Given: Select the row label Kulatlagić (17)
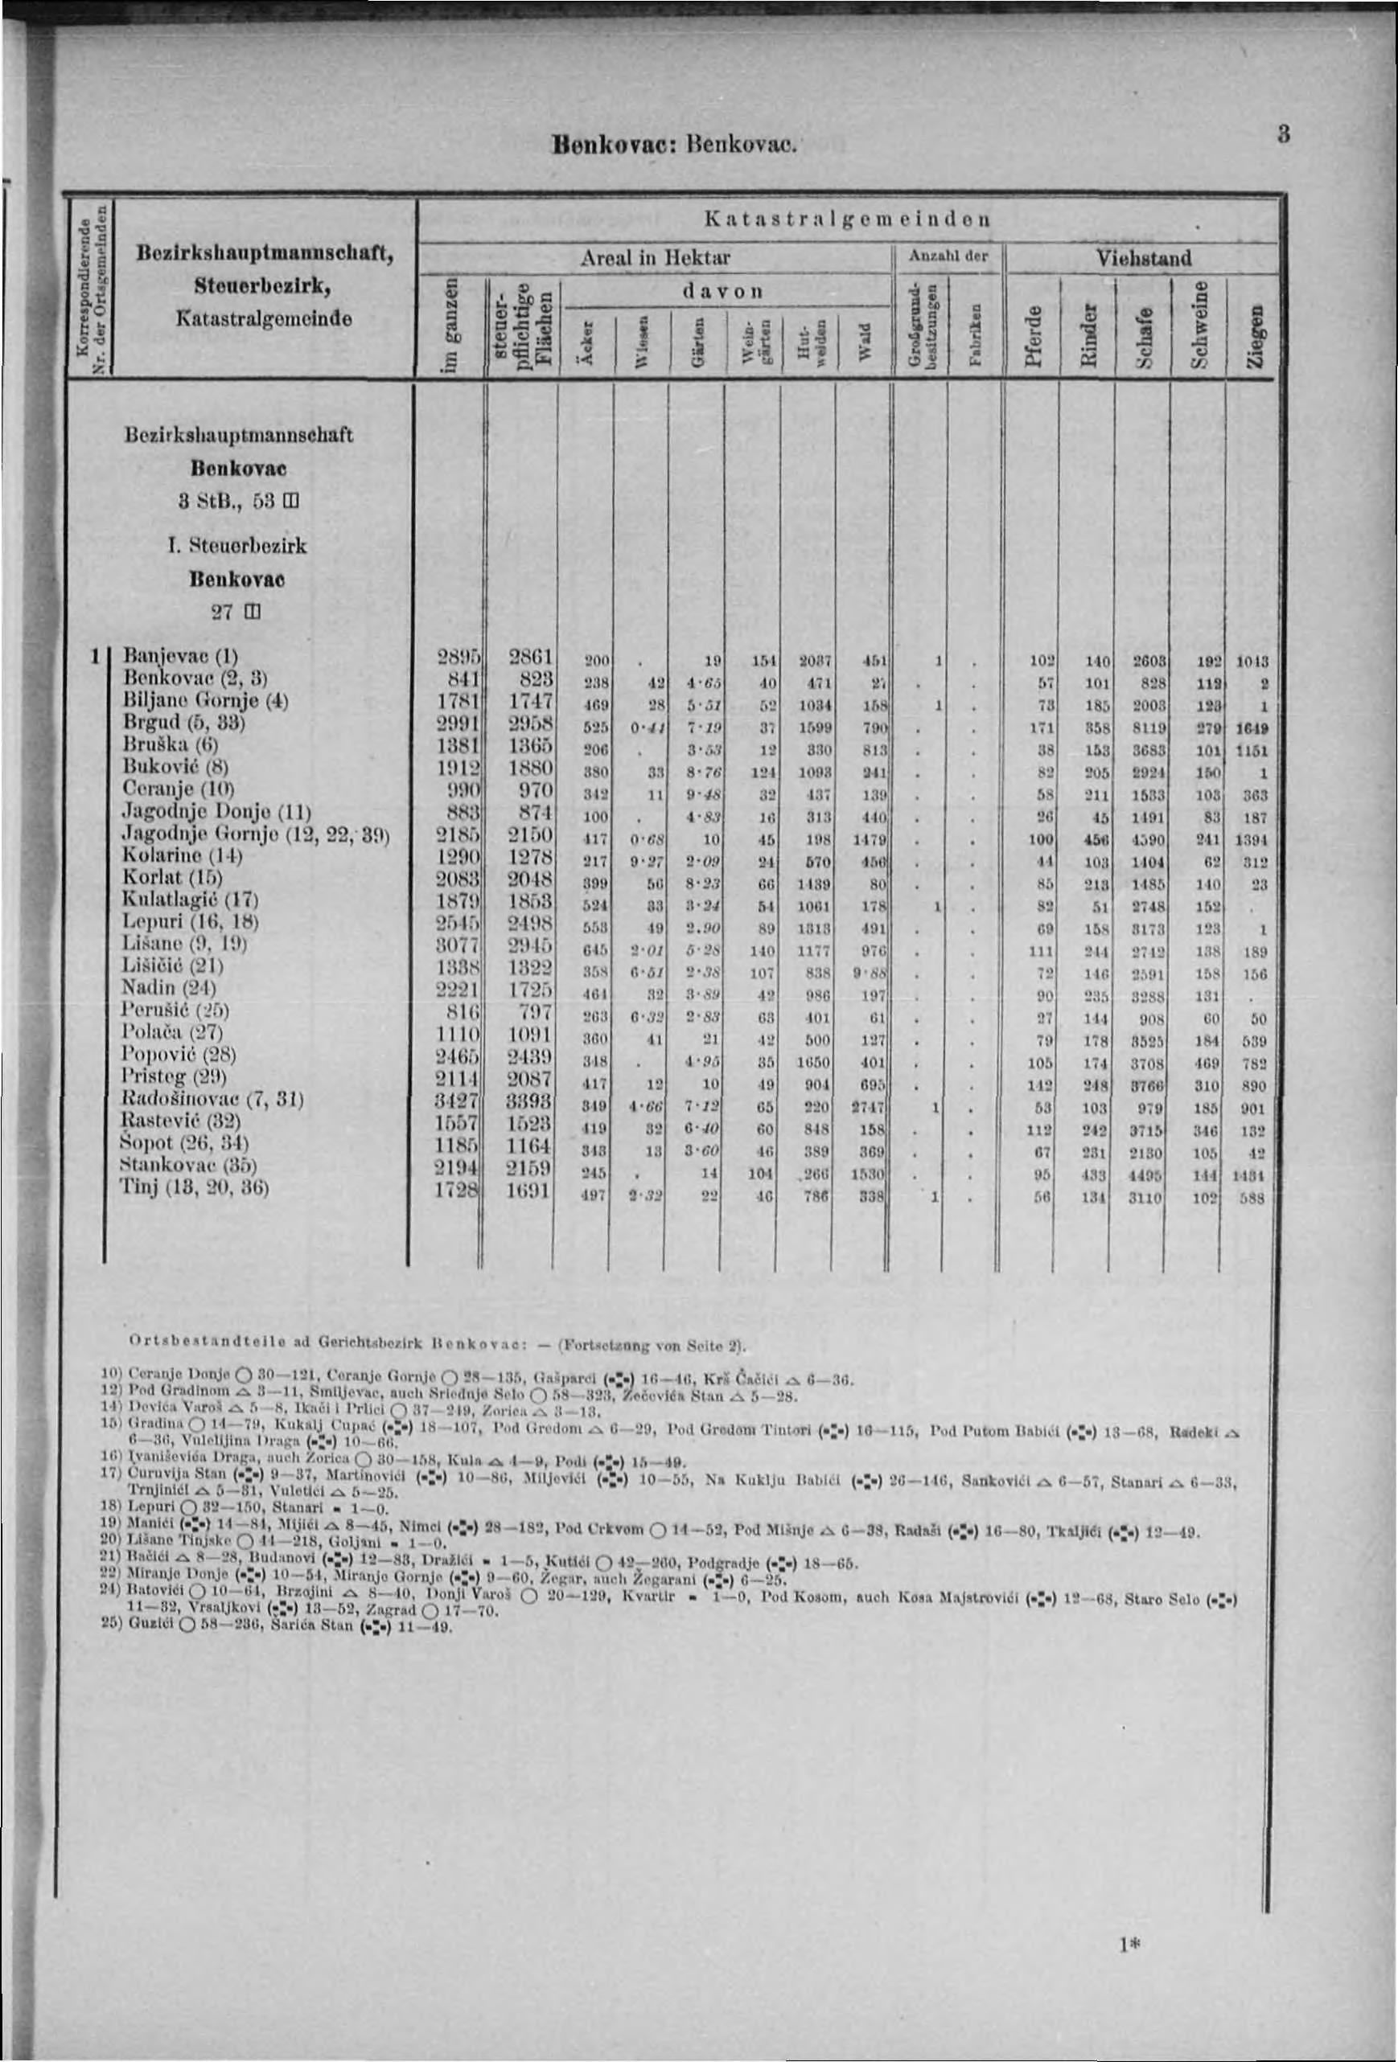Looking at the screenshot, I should [x=191, y=900].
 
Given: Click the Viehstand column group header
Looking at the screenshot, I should [x=1143, y=258].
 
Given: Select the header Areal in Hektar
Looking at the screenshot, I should [x=655, y=258].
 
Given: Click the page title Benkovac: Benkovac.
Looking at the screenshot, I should [x=676, y=142].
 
